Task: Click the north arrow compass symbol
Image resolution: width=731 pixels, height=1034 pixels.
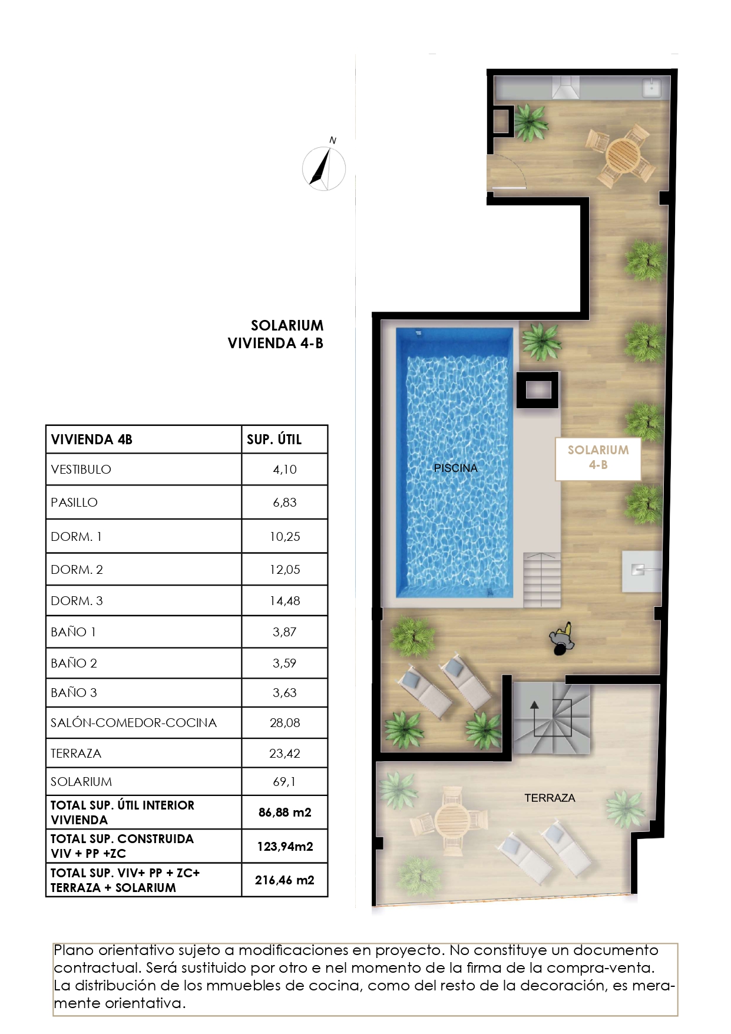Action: [323, 169]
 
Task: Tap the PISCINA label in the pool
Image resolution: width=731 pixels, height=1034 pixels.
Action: [455, 468]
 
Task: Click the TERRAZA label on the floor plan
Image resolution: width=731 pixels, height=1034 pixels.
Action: [550, 798]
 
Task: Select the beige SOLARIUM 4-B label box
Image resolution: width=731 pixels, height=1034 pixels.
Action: [598, 458]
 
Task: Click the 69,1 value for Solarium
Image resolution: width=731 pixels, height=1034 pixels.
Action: [284, 782]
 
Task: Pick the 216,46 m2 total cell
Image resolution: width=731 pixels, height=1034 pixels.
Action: [284, 880]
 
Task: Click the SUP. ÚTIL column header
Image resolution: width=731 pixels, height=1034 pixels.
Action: [274, 440]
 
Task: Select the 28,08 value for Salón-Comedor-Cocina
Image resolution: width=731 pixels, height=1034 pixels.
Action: [284, 723]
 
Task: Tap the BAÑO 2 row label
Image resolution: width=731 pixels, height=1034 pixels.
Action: [74, 663]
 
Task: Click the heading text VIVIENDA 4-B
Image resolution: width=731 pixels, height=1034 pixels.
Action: [275, 343]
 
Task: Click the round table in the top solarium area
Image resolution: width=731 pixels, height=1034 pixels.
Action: [623, 155]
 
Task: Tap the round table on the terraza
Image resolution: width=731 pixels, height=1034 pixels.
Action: [452, 818]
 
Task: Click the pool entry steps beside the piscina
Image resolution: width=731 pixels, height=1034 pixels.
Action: [542, 580]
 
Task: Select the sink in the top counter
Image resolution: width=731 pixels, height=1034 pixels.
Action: [651, 88]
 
